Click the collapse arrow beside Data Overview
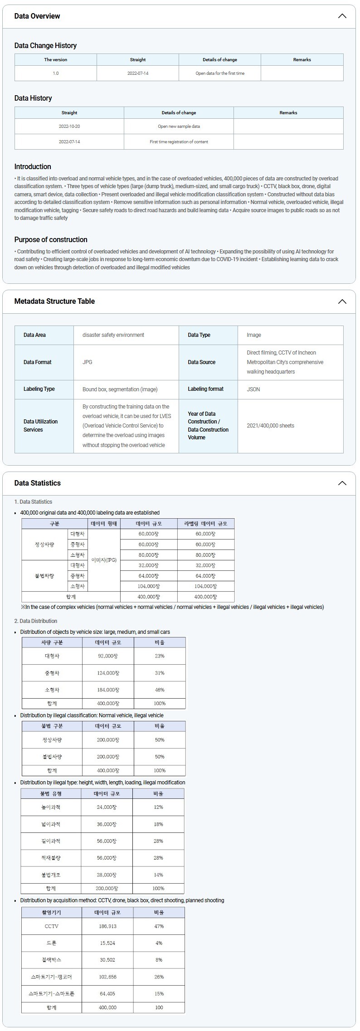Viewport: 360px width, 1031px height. pyautogui.click(x=342, y=16)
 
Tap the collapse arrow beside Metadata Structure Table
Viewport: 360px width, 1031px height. pyautogui.click(x=342, y=302)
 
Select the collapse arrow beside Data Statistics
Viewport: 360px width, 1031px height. pyautogui.click(x=342, y=483)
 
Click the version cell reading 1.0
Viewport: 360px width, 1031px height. pyautogui.click(x=55, y=73)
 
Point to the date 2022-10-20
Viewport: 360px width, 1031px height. pyautogui.click(x=69, y=126)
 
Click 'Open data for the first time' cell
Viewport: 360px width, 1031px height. pyautogui.click(x=220, y=73)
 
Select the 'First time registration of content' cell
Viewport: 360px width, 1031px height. pyautogui.click(x=179, y=142)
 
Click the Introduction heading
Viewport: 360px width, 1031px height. pyautogui.click(x=33, y=167)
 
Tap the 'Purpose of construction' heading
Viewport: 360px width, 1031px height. pyautogui.click(x=51, y=240)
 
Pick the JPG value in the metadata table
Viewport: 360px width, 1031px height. pyautogui.click(x=88, y=362)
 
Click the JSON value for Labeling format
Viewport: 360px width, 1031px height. pyautogui.click(x=253, y=389)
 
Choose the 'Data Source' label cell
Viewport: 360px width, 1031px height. pyautogui.click(x=202, y=362)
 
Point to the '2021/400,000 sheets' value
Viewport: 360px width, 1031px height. pyautogui.click(x=270, y=426)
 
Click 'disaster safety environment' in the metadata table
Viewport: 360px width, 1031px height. pyautogui.click(x=113, y=335)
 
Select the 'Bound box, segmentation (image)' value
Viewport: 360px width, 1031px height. pyautogui.click(x=120, y=389)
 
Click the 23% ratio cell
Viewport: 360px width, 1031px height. pyautogui.click(x=160, y=656)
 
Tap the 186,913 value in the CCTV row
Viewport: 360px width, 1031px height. pyautogui.click(x=107, y=926)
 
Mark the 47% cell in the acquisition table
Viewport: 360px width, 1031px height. pyautogui.click(x=159, y=926)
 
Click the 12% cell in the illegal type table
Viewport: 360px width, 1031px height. pyautogui.click(x=158, y=807)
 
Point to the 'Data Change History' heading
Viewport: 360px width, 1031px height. pyautogui.click(x=45, y=46)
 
